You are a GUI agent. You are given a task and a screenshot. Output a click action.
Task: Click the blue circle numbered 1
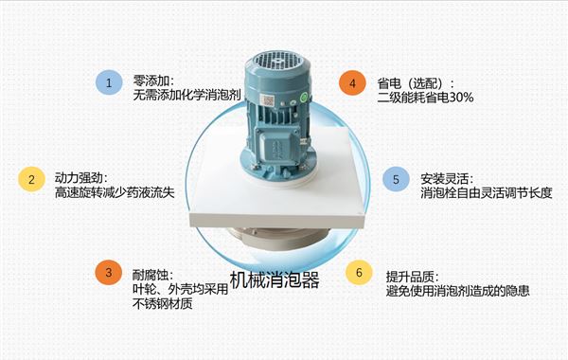pos(109,82)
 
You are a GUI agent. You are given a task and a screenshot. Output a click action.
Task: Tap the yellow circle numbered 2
pos(32,179)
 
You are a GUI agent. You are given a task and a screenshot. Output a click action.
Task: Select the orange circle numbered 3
pos(109,273)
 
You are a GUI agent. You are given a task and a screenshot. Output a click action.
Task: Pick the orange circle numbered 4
pos(353,82)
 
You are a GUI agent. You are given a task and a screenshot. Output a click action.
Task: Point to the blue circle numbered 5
pos(396,178)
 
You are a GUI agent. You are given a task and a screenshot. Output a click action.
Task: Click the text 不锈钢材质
pos(164,304)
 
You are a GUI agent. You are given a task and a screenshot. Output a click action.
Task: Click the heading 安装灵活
pos(445,177)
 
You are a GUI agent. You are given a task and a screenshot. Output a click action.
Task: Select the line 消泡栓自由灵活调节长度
pos(484,192)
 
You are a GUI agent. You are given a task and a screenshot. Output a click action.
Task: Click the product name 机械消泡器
pos(275,280)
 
